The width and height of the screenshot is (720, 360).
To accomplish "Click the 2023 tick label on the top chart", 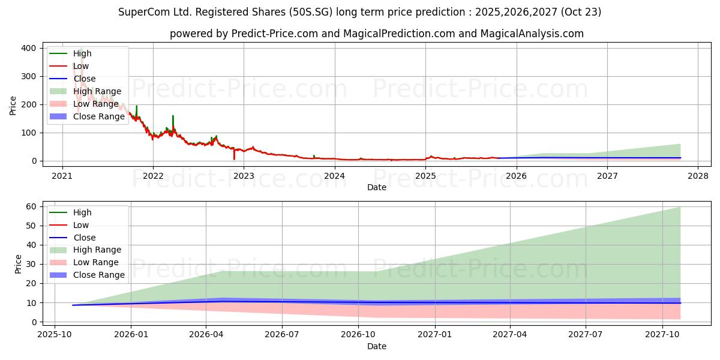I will pyautogui.click(x=243, y=176).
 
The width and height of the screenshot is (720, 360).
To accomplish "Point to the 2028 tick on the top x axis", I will pyautogui.click(x=698, y=176).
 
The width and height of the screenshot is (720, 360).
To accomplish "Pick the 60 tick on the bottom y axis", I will pyautogui.click(x=30, y=206).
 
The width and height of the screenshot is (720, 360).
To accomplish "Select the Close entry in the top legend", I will pyautogui.click(x=84, y=79).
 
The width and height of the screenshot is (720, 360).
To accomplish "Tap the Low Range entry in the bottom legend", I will pyautogui.click(x=95, y=262).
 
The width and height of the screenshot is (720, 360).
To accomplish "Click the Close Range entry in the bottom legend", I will pyautogui.click(x=99, y=275).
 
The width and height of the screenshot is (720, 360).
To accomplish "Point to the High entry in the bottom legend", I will pyautogui.click(x=82, y=212).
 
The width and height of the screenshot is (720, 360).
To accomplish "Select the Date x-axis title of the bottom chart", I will pyautogui.click(x=376, y=346).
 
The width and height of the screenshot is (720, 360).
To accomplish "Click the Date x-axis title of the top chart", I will pyautogui.click(x=376, y=187).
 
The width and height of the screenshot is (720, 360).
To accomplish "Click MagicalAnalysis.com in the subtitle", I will pyautogui.click(x=532, y=34).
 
